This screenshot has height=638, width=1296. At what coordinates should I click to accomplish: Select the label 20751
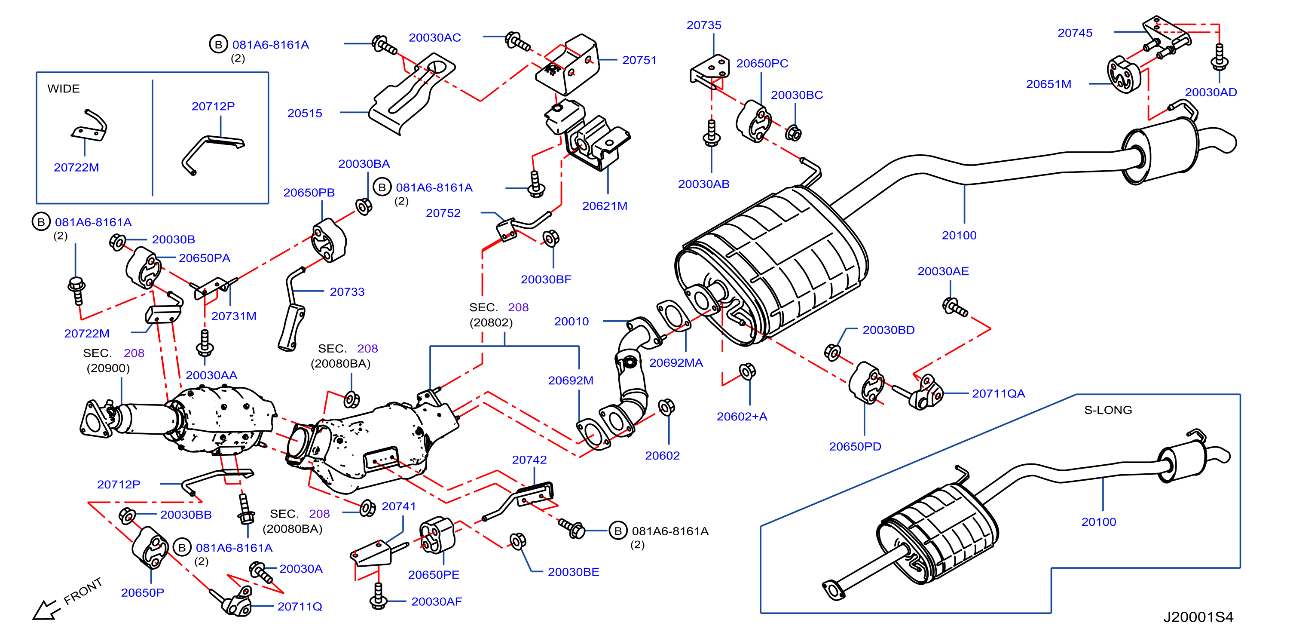click(639, 60)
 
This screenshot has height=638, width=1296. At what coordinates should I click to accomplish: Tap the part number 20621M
click(604, 206)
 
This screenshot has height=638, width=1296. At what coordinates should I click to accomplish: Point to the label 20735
click(704, 25)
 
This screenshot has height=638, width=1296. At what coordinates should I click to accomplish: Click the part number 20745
click(1075, 33)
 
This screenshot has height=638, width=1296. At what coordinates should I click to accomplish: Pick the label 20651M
click(1048, 84)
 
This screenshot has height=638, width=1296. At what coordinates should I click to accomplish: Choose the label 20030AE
click(943, 271)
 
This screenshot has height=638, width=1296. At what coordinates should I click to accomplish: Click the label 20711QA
click(998, 393)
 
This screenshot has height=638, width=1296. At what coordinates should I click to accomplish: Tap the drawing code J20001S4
click(1198, 617)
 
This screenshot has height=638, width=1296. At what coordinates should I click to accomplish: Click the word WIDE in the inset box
click(64, 89)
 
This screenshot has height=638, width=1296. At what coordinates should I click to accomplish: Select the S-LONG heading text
click(1108, 410)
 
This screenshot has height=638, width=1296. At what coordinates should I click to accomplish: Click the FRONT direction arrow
click(46, 609)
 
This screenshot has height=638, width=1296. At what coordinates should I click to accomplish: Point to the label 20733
click(347, 292)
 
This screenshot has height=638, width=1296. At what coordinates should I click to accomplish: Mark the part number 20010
click(571, 322)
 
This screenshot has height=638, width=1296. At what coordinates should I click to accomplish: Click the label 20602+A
click(742, 417)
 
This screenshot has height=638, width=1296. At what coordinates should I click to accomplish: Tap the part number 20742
click(529, 460)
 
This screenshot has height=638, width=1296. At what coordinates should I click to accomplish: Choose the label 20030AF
click(436, 602)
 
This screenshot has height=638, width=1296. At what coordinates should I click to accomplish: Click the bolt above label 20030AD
click(1219, 56)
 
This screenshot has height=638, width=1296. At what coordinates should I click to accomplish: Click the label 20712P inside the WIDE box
click(213, 106)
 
